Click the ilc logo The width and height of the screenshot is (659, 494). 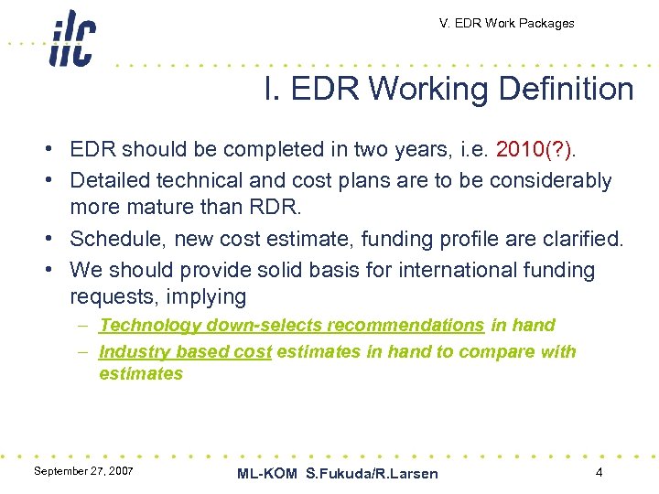coord(72,38)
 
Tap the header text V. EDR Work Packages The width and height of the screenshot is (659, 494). coord(506,23)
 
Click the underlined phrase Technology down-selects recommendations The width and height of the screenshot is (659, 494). coord(291,325)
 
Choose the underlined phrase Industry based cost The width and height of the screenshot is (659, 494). coord(185,351)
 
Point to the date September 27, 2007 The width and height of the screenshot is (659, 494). coord(83,470)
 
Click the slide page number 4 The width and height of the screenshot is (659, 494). coord(599,472)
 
